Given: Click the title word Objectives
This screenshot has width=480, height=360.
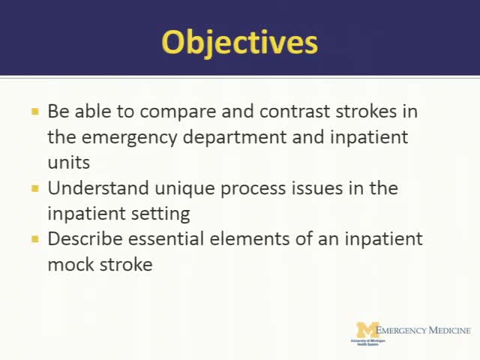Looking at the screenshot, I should tap(240, 41).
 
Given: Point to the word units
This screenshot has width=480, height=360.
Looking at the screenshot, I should tap(68, 162).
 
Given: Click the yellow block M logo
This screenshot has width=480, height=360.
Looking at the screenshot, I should tap(367, 329).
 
